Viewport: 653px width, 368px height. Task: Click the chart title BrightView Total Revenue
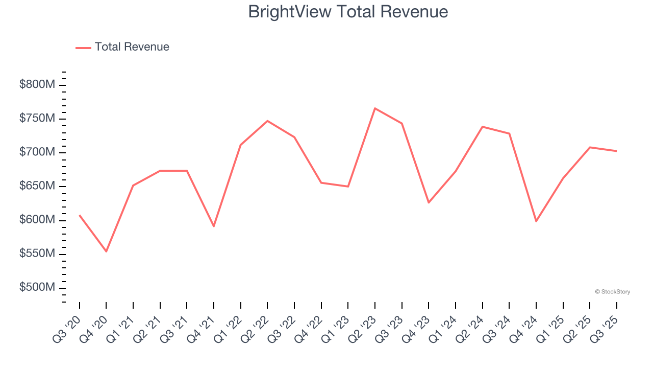348,12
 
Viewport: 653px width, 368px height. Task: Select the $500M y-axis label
37,288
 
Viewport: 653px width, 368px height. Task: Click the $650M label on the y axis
37,186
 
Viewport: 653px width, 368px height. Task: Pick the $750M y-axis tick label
37,119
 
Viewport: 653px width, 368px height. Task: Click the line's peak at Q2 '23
375,108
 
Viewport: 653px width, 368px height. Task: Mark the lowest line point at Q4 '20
106,251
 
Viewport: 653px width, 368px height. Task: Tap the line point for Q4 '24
536,221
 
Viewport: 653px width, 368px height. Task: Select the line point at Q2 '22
267,121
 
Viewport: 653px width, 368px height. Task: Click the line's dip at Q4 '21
214,226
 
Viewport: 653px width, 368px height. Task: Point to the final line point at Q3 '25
616,151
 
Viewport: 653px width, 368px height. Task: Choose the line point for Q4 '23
429,203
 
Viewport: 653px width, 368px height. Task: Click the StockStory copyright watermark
612,292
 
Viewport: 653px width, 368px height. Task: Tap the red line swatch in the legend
83,48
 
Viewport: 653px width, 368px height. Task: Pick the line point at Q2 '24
482,127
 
